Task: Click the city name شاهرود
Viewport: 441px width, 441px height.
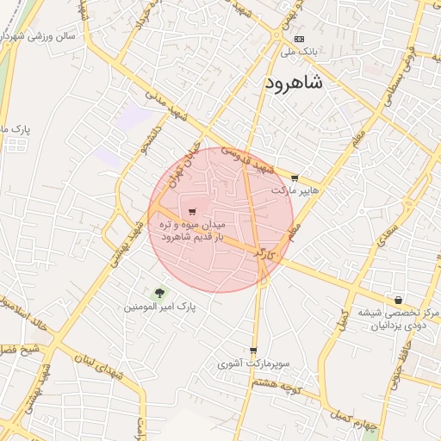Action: pyautogui.click(x=290, y=84)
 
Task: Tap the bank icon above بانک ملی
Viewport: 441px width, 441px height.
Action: pyautogui.click(x=299, y=39)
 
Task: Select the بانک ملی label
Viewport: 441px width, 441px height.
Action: pyautogui.click(x=299, y=52)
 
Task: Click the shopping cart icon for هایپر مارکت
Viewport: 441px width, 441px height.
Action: pyautogui.click(x=295, y=178)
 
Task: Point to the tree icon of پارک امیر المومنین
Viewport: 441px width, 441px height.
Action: pyautogui.click(x=159, y=294)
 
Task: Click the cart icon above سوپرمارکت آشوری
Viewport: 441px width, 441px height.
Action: pyautogui.click(x=252, y=351)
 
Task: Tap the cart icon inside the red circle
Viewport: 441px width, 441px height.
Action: pyautogui.click(x=190, y=211)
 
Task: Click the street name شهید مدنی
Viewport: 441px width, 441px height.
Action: pyautogui.click(x=167, y=104)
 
